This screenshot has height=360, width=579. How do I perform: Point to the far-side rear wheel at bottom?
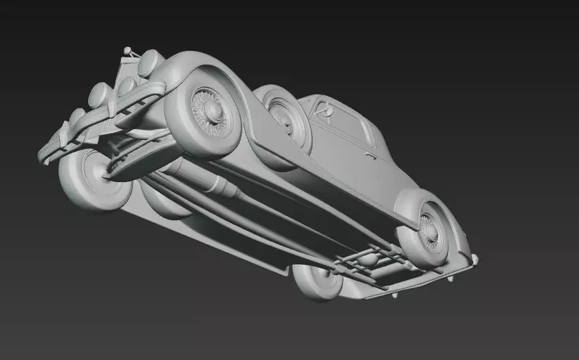318,280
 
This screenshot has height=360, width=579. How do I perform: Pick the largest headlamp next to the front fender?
150,62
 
